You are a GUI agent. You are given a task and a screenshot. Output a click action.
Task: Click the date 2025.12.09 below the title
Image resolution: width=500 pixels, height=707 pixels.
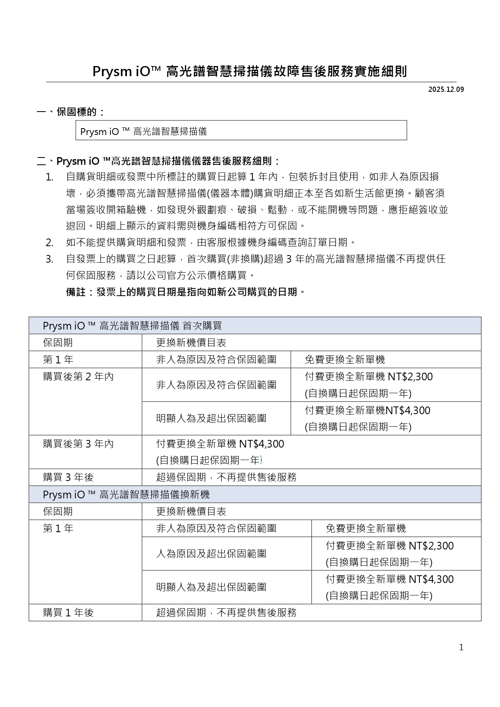[446, 89]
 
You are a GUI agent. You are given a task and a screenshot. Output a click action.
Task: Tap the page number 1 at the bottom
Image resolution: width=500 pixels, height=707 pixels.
[461, 647]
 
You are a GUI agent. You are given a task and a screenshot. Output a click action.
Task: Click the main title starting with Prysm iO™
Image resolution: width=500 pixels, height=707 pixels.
[250, 71]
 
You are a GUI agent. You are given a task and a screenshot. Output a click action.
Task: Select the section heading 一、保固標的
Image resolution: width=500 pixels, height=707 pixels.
[71, 112]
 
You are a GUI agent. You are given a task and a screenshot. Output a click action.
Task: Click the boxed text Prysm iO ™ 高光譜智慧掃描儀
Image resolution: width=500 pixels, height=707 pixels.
[143, 131]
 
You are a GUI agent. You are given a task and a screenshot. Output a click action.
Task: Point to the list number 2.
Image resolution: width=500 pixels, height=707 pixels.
[50, 243]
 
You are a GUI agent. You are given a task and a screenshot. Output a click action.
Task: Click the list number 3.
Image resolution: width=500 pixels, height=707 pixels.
[50, 259]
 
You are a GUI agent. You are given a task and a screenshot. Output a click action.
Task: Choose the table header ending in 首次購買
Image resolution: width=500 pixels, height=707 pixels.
[133, 326]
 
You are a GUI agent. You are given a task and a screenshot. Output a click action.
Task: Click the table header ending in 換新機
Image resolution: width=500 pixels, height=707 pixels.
[127, 494]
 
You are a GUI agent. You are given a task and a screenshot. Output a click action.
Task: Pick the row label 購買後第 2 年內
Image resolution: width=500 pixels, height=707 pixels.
[79, 377]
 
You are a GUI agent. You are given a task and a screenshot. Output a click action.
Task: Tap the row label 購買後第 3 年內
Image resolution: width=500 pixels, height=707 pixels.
[79, 444]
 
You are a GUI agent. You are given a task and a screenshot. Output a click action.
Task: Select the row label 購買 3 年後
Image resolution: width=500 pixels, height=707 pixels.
[68, 477]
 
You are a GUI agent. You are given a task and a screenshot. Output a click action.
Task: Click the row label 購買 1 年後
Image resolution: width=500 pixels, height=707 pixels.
[68, 613]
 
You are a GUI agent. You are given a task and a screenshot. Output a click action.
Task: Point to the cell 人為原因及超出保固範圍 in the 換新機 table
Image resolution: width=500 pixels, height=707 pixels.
[211, 554]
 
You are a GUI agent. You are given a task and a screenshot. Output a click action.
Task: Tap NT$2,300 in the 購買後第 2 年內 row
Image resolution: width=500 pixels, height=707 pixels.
[410, 377]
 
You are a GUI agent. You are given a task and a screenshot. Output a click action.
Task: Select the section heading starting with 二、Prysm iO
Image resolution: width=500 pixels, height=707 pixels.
[158, 162]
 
